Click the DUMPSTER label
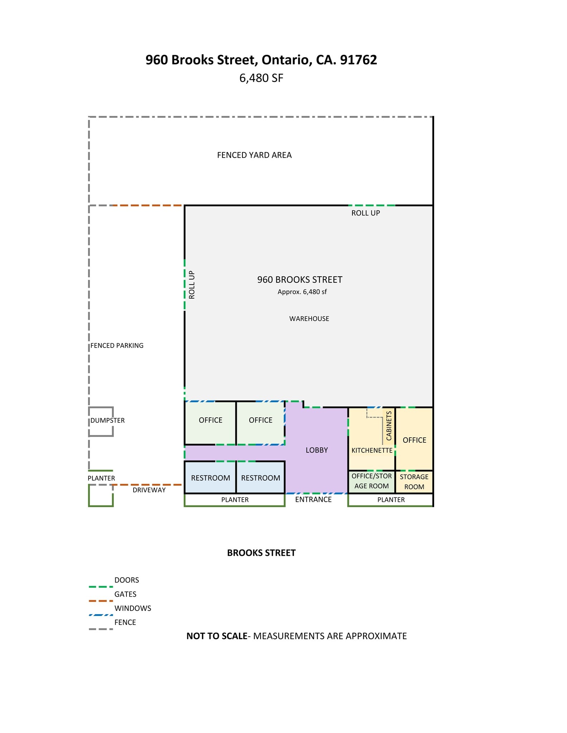tap(107, 421)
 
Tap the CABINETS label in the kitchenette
tap(389, 426)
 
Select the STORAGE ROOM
tap(414, 482)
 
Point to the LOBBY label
tap(317, 450)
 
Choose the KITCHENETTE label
tap(372, 451)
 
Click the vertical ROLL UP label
tap(192, 285)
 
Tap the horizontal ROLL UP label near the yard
tap(365, 213)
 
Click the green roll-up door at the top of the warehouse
tap(371, 205)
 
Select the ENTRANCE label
tap(313, 500)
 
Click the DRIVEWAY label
tap(149, 490)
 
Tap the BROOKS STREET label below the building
tap(261, 553)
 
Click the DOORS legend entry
tap(126, 580)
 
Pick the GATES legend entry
tap(125, 594)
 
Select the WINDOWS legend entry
tap(133, 608)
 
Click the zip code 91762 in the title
tap(358, 60)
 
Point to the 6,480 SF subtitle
tap(261, 78)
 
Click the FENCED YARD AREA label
tap(254, 155)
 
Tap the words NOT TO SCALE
tap(217, 636)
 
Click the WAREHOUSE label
tap(309, 319)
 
